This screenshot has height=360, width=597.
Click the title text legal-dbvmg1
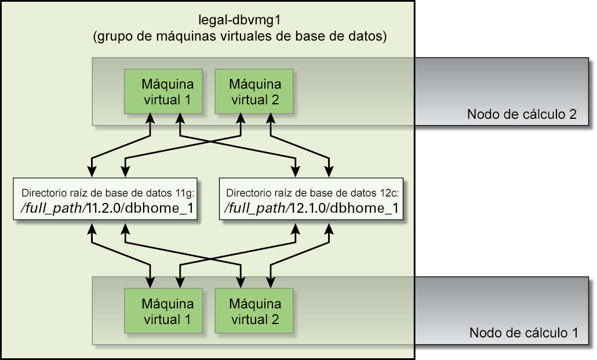click(239, 20)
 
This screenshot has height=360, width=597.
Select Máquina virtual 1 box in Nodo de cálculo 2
click(163, 92)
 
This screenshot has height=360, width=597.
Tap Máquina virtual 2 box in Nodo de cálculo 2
click(254, 92)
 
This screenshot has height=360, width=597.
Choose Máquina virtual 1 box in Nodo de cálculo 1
click(163, 311)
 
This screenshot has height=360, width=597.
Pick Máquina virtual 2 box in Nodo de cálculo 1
click(254, 311)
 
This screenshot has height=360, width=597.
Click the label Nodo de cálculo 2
click(522, 114)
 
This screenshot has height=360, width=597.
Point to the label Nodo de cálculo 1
click(523, 333)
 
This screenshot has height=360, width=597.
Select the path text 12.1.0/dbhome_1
click(344, 208)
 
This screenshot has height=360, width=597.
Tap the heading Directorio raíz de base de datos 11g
click(108, 193)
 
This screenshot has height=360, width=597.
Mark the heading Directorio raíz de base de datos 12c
click(312, 193)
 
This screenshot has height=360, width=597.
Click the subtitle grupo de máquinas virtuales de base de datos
click(240, 36)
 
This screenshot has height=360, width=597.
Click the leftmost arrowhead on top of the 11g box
click(92, 172)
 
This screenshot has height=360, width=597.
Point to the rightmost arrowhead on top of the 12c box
click(329, 172)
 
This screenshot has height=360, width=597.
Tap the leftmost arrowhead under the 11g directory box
click(92, 228)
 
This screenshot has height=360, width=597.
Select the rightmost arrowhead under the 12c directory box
click(329, 228)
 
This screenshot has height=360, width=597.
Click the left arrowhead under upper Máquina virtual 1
click(150, 118)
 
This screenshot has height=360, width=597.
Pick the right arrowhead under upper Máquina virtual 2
click(271, 118)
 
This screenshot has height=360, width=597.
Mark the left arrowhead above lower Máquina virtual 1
click(150, 282)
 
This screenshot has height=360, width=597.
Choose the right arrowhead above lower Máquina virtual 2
click(271, 282)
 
